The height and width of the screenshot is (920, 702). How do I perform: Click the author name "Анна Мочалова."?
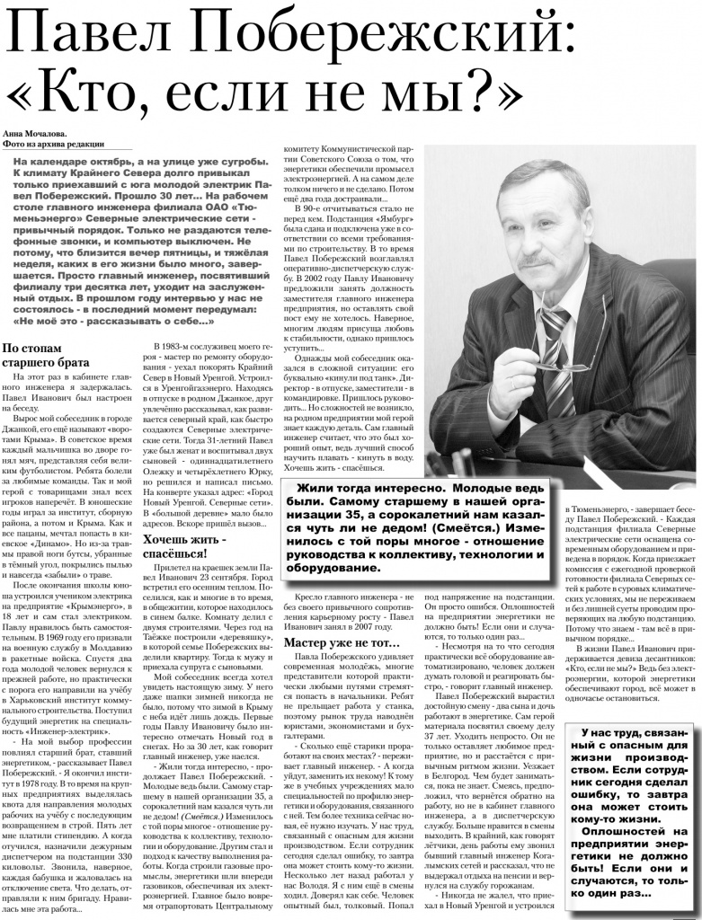click(37, 134)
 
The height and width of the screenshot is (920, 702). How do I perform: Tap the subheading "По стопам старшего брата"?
click(44, 355)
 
